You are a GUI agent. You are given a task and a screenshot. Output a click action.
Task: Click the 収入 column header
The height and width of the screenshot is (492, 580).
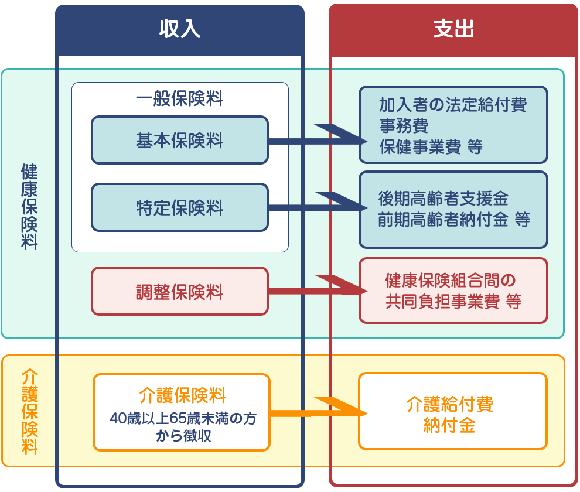[x=180, y=29]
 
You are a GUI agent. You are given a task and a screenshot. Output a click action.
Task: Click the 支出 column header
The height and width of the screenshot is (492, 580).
[x=453, y=29]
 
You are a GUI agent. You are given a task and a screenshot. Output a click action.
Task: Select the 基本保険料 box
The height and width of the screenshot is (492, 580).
[x=180, y=140]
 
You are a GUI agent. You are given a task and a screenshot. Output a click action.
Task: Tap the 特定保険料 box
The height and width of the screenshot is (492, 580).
[x=180, y=208]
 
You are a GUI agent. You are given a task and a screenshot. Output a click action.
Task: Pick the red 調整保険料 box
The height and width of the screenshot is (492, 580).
[x=180, y=292]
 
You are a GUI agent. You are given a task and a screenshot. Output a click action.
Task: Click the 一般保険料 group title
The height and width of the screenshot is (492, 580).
[x=180, y=98]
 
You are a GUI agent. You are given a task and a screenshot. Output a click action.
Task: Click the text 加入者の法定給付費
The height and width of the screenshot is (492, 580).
[x=452, y=105]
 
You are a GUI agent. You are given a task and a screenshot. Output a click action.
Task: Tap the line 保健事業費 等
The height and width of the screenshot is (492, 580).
[x=431, y=146]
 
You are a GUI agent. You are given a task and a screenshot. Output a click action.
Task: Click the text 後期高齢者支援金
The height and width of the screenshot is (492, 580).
[x=443, y=198]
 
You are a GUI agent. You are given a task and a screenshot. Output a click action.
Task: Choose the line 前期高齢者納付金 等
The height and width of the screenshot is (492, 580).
[x=453, y=220]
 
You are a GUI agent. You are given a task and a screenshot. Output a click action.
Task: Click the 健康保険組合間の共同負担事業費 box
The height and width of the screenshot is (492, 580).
[x=453, y=291]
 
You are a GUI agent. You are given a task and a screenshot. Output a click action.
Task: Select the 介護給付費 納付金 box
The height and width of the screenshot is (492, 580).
[x=452, y=412]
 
